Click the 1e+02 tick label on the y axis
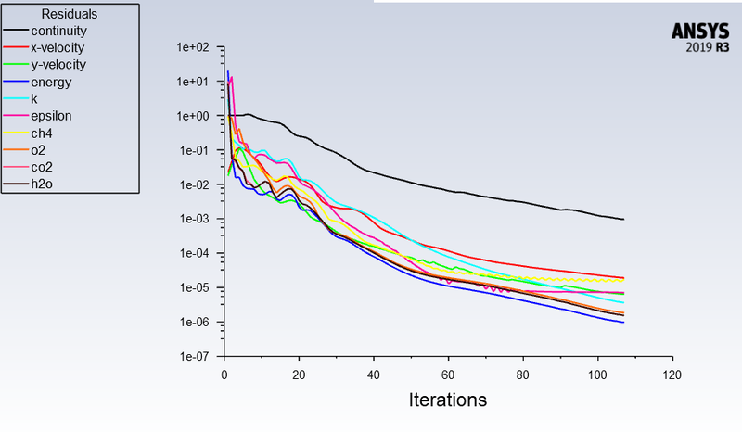[x=196, y=47]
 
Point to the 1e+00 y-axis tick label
[x=196, y=116]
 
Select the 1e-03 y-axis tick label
[x=196, y=219]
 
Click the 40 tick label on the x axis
[x=373, y=375]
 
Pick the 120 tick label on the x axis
[x=672, y=375]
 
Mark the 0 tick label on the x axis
[x=224, y=375]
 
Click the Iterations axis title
[x=447, y=400]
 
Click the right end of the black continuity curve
[x=623, y=219]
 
